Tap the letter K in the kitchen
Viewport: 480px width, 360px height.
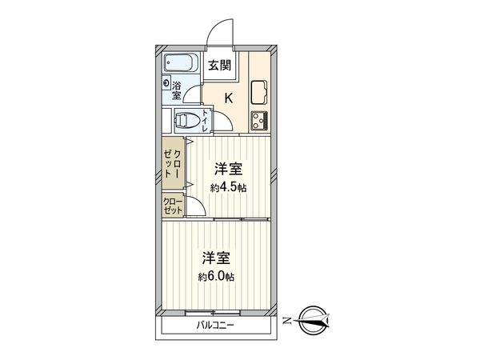pos(228,99)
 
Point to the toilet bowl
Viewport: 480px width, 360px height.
pos(187,122)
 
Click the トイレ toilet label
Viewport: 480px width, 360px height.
pos(206,121)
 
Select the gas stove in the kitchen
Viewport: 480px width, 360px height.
pos(259,121)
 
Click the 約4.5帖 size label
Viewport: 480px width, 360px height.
pos(228,188)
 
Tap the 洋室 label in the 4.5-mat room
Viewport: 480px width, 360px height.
pos(228,170)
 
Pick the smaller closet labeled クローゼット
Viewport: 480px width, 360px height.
pos(173,206)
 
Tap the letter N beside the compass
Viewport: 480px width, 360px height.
pos(286,322)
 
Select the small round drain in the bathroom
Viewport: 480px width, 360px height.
pos(167,83)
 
